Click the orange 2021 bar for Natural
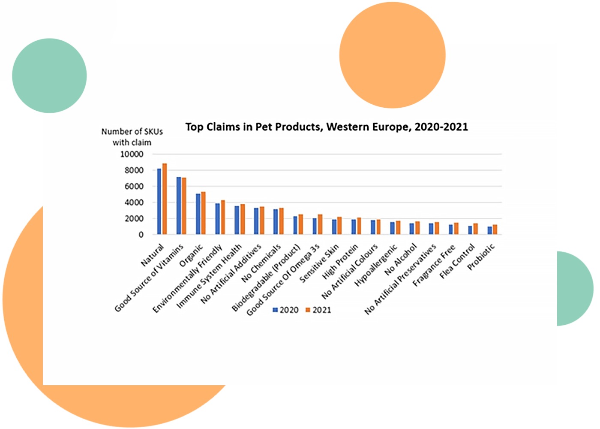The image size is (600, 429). pos(165,199)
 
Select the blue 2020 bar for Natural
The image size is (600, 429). pos(159,202)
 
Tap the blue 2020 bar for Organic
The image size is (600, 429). pos(198,214)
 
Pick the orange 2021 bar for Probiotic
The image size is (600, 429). pos(495,230)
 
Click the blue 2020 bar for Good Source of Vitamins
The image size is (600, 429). pos(179,206)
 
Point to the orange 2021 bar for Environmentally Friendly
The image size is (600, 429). pos(223,218)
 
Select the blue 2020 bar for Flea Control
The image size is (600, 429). pos(470,230)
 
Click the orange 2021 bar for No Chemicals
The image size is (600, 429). pos(281,221)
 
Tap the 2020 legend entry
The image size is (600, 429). pos(286,310)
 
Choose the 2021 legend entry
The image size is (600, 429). pos(318,310)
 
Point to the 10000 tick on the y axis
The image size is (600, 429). pos(132,154)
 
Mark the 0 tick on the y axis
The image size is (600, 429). pos(141,235)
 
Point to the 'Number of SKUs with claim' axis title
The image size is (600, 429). pos(132,137)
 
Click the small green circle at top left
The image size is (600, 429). pos(49,76)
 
